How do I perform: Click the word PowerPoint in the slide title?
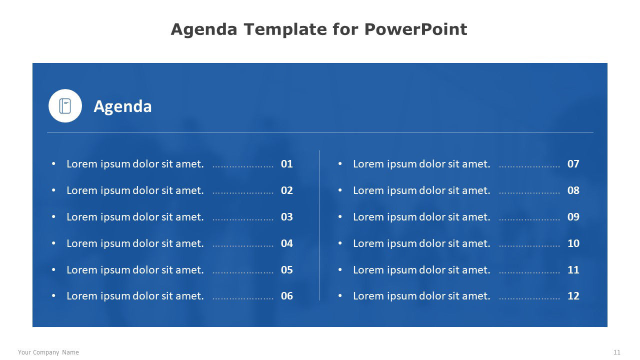click(415, 29)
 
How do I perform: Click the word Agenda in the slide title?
click(204, 29)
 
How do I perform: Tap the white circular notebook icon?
click(65, 105)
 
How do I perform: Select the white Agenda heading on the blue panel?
click(122, 106)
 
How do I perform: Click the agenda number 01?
click(287, 164)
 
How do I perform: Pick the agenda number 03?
click(287, 217)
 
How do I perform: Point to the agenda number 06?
click(287, 296)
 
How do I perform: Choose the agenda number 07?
click(573, 164)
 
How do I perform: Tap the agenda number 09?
click(573, 217)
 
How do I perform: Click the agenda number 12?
click(573, 296)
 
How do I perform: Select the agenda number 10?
click(573, 243)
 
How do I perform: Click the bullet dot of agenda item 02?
click(53, 190)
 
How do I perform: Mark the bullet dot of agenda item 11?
click(340, 269)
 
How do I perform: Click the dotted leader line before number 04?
click(243, 245)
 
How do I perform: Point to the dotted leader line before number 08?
click(529, 193)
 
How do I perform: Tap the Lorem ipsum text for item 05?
click(135, 270)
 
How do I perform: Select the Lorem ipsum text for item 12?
click(421, 296)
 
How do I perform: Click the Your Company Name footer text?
click(48, 352)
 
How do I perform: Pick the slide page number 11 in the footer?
click(617, 352)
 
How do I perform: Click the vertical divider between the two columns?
click(319, 225)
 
